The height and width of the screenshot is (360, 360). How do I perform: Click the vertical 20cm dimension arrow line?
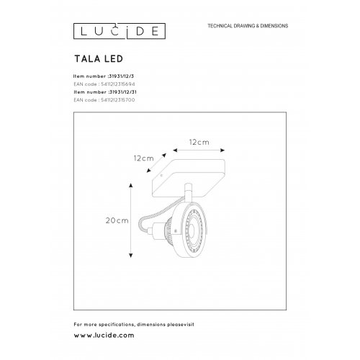130,220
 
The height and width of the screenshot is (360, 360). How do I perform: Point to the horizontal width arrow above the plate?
199,153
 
